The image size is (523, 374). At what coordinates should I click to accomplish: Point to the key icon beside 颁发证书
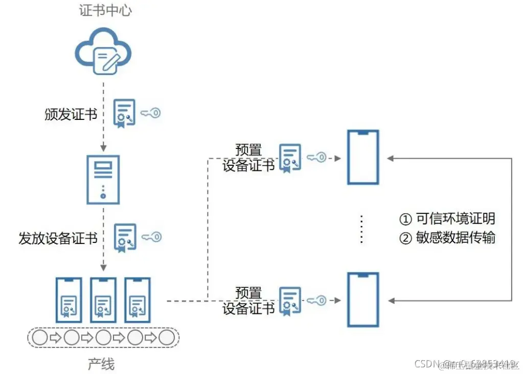click(150, 113)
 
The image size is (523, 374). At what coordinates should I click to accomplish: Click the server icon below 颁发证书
click(103, 179)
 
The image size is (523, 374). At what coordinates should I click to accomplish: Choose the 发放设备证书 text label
click(58, 238)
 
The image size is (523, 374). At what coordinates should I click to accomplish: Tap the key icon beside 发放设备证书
click(151, 237)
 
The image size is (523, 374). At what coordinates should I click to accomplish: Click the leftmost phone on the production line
click(69, 300)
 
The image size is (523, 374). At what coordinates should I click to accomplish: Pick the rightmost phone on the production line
click(138, 300)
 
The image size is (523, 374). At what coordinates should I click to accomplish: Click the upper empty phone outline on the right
click(363, 157)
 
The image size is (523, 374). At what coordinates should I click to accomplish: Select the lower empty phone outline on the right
click(363, 300)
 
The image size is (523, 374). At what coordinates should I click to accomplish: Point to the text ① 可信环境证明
click(447, 219)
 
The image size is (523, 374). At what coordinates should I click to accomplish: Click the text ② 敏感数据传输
click(447, 238)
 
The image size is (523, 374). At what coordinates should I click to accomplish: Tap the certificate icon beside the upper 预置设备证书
click(290, 158)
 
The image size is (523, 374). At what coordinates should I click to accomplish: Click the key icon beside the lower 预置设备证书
click(316, 301)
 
